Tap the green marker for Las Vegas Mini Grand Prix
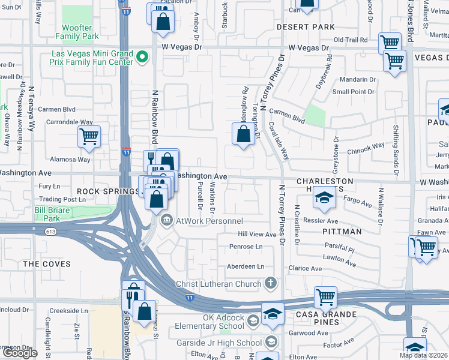tap(142, 58)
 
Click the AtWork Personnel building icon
tap(166, 220)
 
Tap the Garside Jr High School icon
tap(271, 343)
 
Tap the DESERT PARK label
tap(306, 27)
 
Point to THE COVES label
tap(47, 264)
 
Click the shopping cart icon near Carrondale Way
tap(89, 136)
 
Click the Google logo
tap(20, 353)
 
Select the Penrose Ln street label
tap(247, 247)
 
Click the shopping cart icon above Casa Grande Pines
tap(325, 296)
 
